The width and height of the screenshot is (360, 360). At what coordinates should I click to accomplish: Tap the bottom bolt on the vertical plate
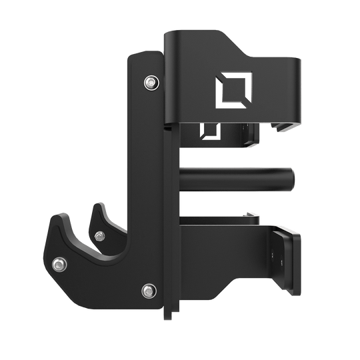(148, 289)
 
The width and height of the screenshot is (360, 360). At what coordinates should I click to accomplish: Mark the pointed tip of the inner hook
(99, 206)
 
